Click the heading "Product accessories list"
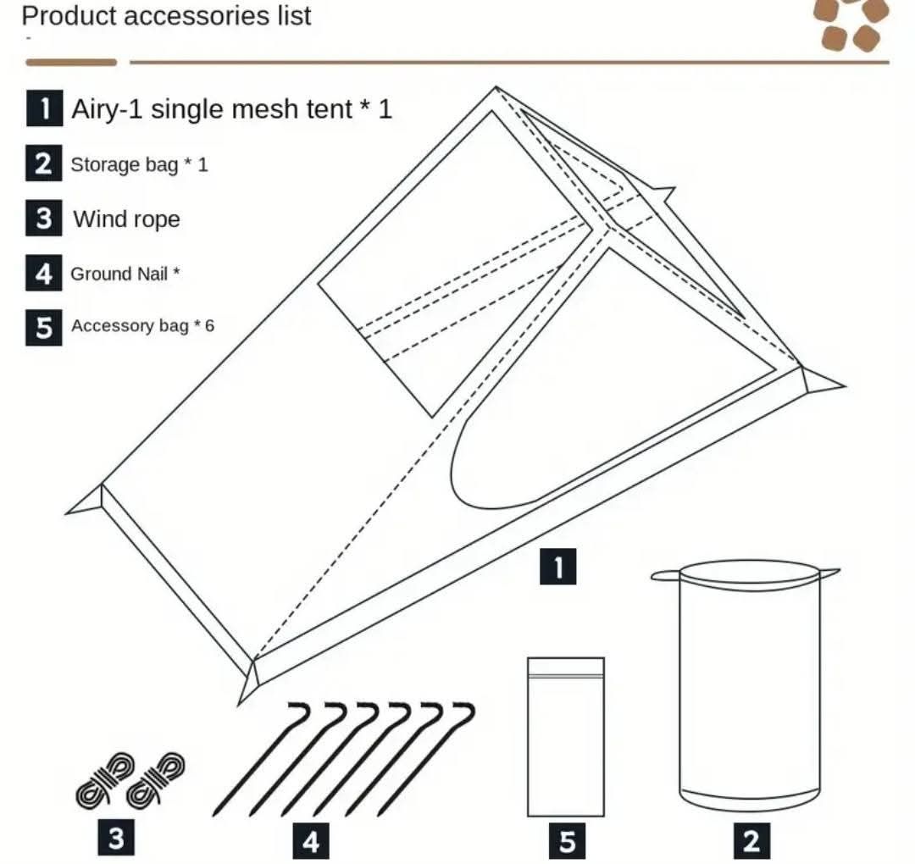coord(166,15)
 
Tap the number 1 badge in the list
coord(43,108)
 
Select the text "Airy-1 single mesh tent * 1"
coord(231,108)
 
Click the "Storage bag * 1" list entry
coord(138,164)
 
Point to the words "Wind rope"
coord(126,219)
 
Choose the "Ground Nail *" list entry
coord(125,274)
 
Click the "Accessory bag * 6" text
coord(141,326)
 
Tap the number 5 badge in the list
coord(43,327)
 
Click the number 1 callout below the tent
coord(558,566)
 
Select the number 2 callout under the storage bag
coord(751,841)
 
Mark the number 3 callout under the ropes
coord(116,838)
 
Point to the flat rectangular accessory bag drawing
coord(566,737)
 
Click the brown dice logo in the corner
coord(852,24)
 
